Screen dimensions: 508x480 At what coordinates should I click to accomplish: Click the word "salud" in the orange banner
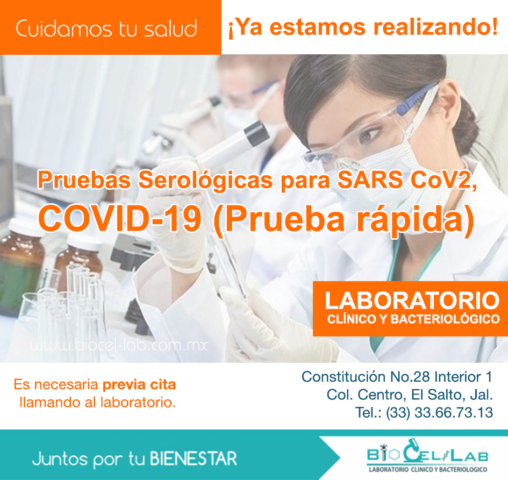pos(170,28)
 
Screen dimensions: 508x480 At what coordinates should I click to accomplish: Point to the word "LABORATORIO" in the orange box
pos(412,300)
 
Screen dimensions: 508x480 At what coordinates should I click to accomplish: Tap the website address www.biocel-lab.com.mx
pos(119,345)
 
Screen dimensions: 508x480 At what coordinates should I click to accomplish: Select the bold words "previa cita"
pos(139,385)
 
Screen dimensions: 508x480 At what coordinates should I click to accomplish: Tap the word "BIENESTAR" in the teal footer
pos(194,459)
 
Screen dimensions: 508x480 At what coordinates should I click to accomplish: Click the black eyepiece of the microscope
pos(256,133)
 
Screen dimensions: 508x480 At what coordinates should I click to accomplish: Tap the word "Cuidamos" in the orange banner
pos(64,28)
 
